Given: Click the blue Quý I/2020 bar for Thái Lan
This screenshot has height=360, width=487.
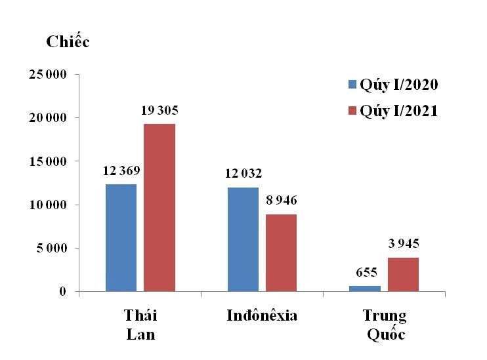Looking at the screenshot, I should (121, 237).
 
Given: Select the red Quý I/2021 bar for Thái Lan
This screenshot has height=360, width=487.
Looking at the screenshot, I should (159, 207).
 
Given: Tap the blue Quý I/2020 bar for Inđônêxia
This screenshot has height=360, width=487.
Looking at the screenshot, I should (243, 239).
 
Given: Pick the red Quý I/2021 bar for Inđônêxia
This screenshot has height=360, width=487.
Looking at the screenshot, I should (282, 252).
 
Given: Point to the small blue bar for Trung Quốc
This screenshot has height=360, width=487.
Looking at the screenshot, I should (364, 288).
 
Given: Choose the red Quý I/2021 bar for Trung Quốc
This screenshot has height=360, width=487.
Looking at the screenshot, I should (403, 274).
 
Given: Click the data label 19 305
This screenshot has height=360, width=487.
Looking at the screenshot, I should (159, 110).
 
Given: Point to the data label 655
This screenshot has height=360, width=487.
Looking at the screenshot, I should (365, 271).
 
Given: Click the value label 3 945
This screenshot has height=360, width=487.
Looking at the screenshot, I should (403, 244).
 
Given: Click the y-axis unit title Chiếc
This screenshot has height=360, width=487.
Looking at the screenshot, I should (68, 42).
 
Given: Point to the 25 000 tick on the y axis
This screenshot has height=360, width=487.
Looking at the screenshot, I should (47, 74).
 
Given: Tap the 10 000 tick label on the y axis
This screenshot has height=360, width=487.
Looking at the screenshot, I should (47, 205).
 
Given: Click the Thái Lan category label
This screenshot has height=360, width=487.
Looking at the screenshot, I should (140, 325).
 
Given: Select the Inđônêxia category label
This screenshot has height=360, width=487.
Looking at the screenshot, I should (262, 315).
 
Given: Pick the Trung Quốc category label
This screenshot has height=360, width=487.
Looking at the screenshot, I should (385, 325).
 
